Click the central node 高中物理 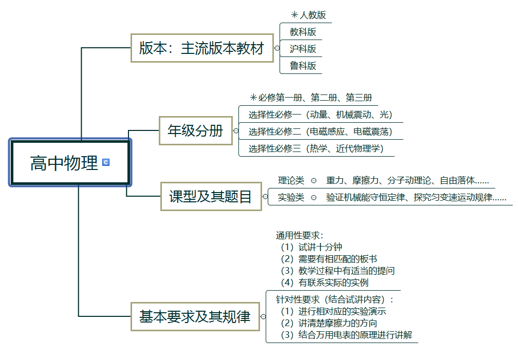64,163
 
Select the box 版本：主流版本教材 201,48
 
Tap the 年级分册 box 195,130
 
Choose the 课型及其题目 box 211,196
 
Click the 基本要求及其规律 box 195,317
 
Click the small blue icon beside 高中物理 106,162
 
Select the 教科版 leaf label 303,32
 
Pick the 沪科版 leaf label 303,49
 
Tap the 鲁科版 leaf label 303,66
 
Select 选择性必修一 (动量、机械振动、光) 320,115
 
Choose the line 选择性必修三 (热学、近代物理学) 316,148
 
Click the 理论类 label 291,180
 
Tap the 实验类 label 291,197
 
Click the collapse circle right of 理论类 313,180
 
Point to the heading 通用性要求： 300,236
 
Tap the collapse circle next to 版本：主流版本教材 277,49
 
